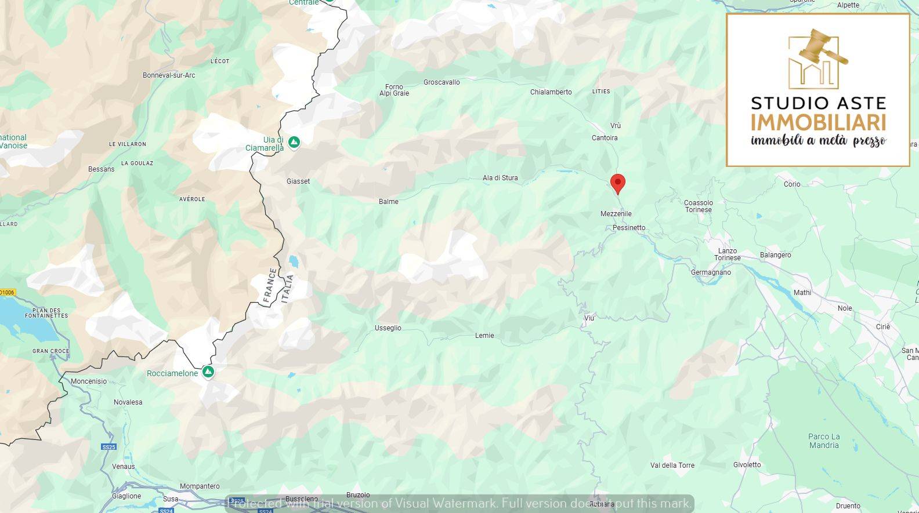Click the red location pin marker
(618, 183)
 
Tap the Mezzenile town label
(616, 214)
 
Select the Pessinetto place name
(629, 228)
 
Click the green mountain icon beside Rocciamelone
(208, 372)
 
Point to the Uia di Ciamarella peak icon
(294, 142)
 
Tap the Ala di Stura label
(500, 178)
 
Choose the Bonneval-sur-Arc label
(169, 75)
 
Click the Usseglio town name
(388, 328)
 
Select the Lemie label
(484, 336)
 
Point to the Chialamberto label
(551, 92)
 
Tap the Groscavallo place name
(442, 82)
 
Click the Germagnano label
(711, 272)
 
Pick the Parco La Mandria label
(824, 441)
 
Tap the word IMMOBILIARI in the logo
(818, 123)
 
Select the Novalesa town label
(128, 402)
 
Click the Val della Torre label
(672, 465)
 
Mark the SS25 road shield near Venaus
(108, 447)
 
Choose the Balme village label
(388, 202)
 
